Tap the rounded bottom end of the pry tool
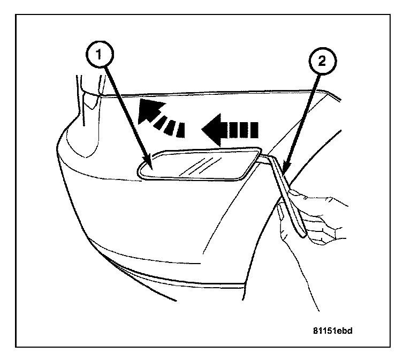(x=304, y=234)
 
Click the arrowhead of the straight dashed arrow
(x=212, y=130)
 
